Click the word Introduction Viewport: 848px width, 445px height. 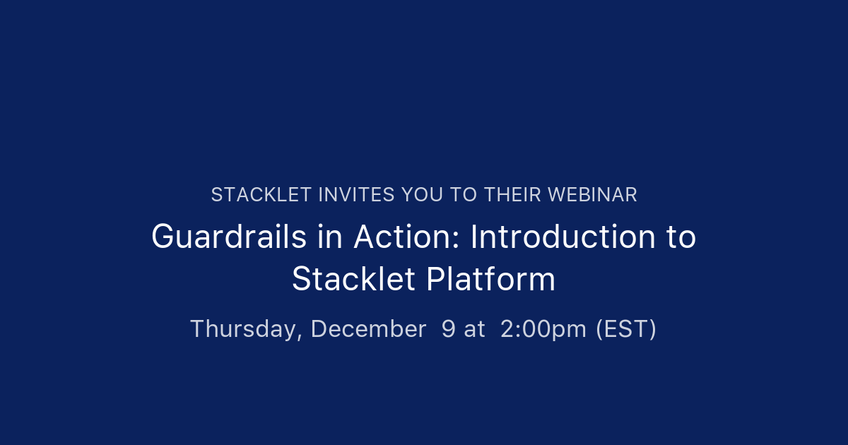click(x=559, y=237)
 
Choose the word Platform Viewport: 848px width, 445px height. click(x=490, y=280)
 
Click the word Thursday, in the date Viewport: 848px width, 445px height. click(x=247, y=329)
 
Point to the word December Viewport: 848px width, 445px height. click(x=368, y=329)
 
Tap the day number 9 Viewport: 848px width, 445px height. click(x=448, y=329)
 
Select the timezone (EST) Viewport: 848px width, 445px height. click(x=626, y=329)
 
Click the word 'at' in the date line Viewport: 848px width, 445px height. click(x=474, y=329)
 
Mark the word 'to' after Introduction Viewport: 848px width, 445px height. click(x=681, y=237)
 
